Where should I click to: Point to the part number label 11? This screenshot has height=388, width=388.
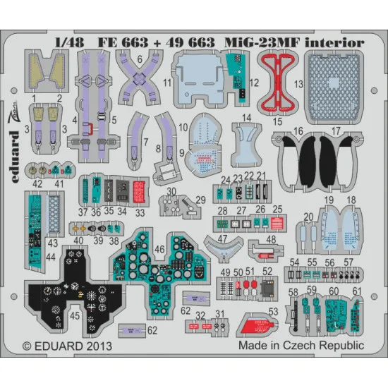(168, 103)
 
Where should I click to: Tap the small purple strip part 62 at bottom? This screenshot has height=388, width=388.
(130, 329)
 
